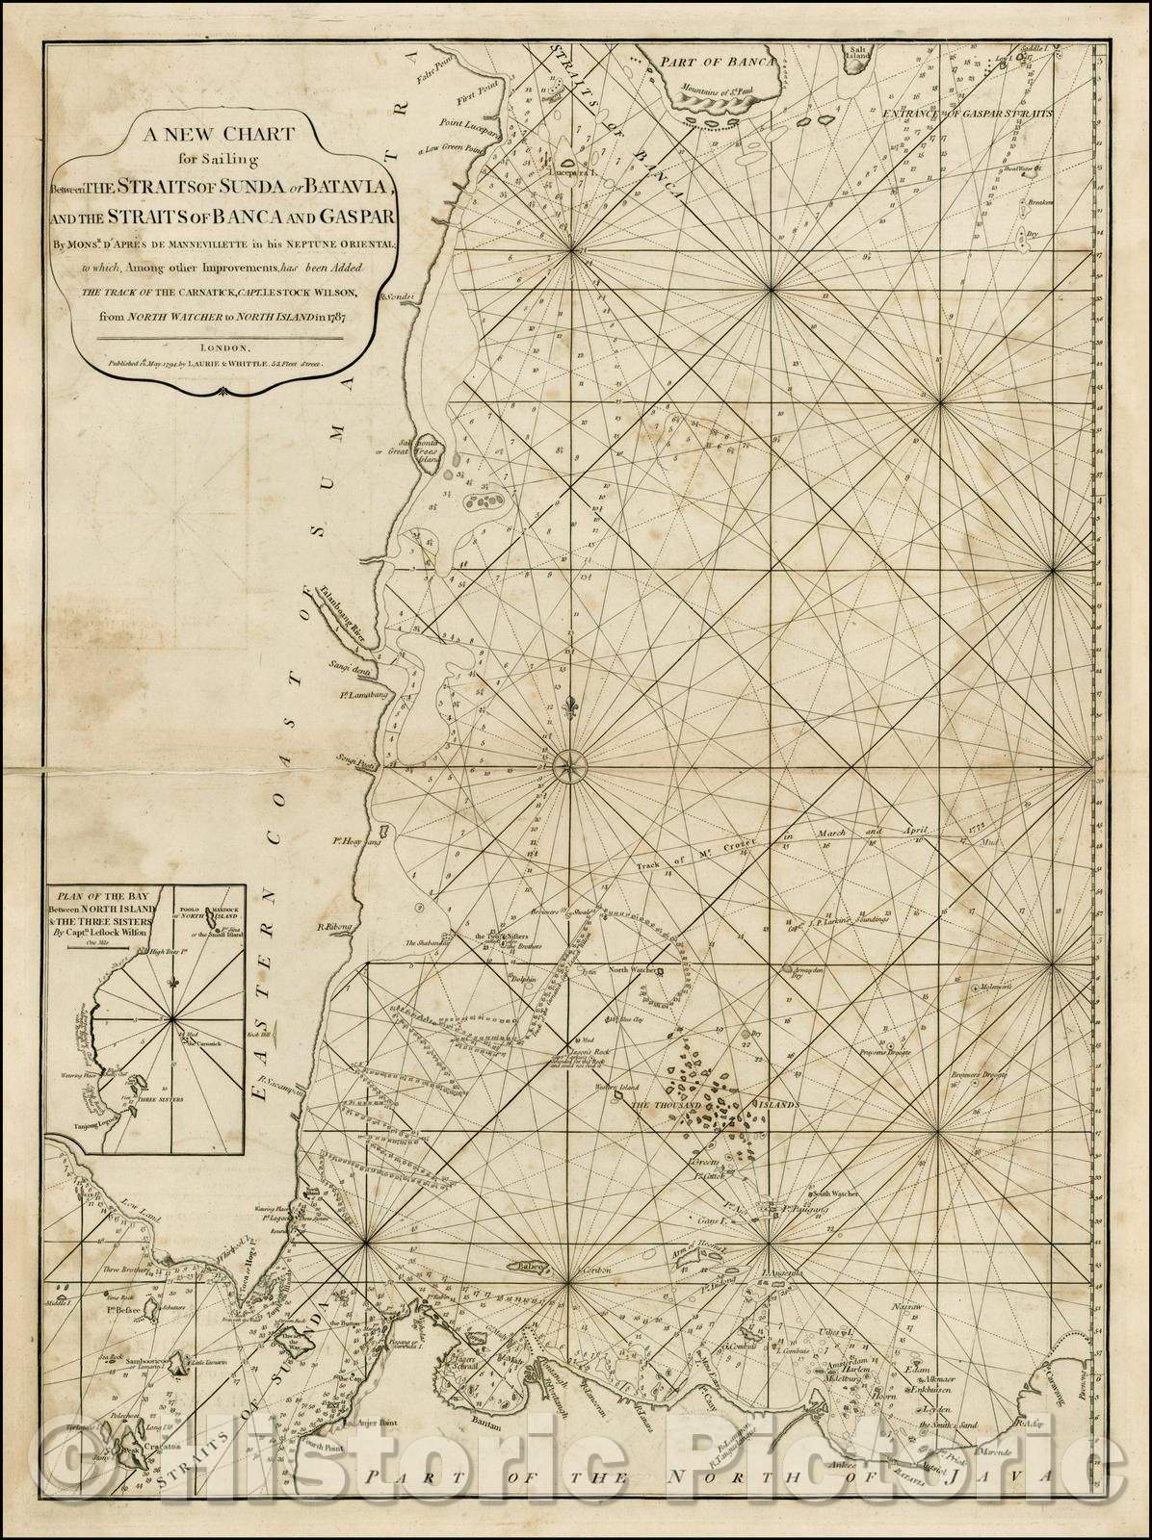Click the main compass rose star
pyautogui.click(x=569, y=765)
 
